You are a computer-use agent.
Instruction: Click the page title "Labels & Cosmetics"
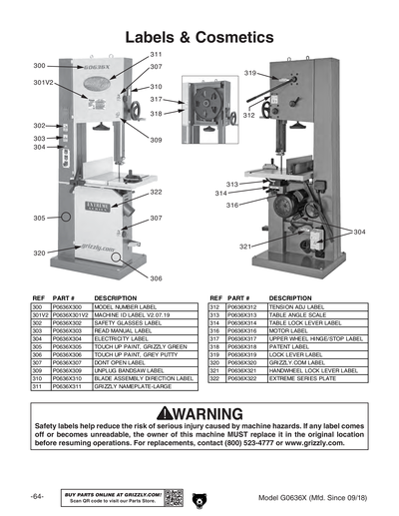tap(199, 36)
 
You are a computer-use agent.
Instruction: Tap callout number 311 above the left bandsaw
tap(157, 53)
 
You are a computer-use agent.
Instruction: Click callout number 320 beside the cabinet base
tap(39, 254)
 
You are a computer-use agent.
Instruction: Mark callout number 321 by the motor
tap(244, 246)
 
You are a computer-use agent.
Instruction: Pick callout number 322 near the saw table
tap(157, 192)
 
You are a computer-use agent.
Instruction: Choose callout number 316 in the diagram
tap(231, 205)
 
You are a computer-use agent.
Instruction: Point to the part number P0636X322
tap(243, 379)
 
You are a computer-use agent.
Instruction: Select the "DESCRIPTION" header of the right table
tap(291, 297)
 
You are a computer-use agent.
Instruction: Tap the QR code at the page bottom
tap(172, 496)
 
